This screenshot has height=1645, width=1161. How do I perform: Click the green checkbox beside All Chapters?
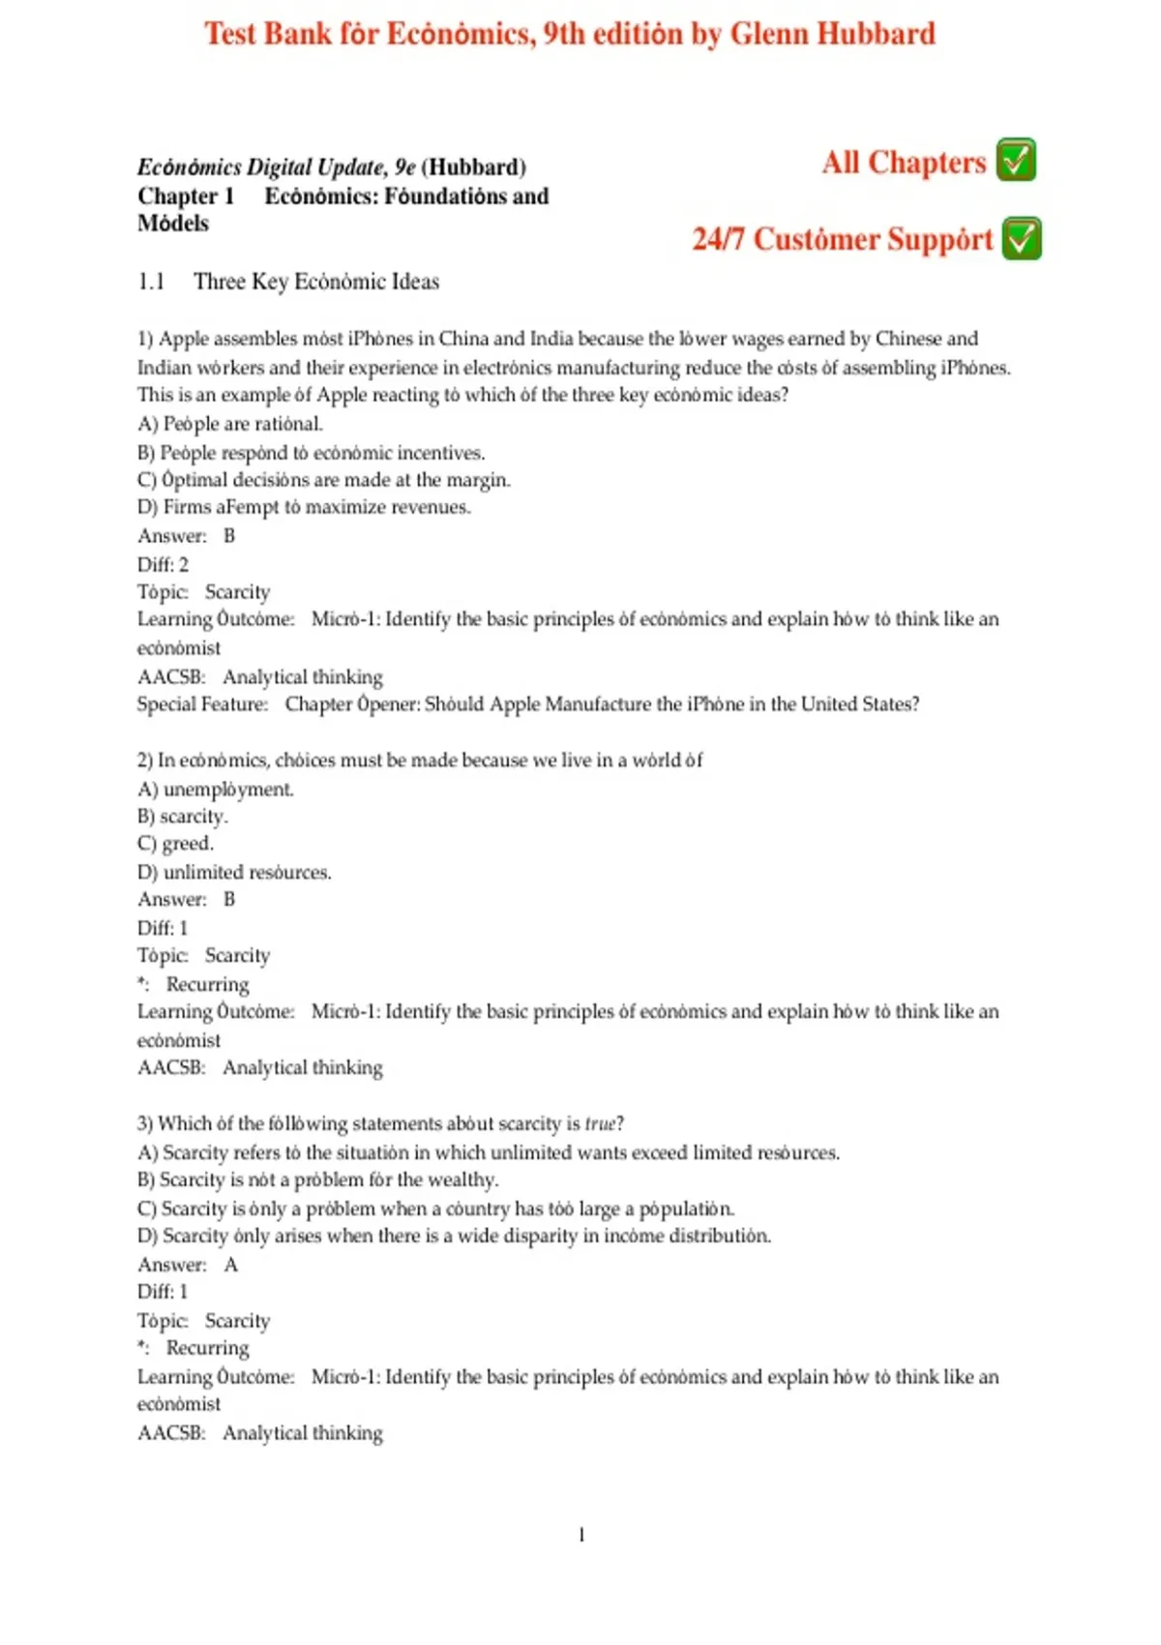[1016, 161]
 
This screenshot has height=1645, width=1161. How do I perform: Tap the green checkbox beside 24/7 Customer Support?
[1022, 239]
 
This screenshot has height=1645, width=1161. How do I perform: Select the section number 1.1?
[151, 282]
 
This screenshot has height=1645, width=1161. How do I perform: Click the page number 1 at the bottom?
[581, 1535]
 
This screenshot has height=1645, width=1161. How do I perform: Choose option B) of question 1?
[311, 453]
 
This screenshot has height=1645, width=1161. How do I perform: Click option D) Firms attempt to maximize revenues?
[304, 507]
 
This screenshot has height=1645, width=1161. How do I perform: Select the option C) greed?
[175, 844]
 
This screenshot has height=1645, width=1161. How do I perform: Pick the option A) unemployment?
[215, 790]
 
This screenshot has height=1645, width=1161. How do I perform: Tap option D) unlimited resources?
[234, 872]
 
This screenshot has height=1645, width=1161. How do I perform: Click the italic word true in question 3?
[600, 1123]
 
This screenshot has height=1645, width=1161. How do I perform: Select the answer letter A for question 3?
[230, 1265]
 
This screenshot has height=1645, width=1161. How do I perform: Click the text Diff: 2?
[163, 564]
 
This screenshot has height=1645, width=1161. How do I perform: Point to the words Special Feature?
[202, 704]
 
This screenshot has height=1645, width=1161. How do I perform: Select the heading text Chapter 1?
[186, 196]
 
